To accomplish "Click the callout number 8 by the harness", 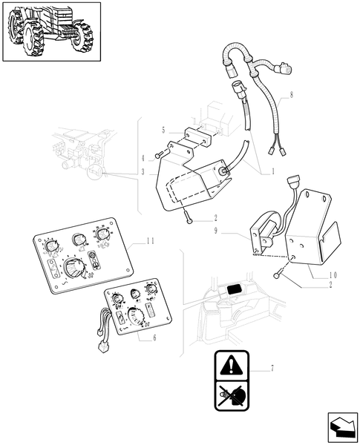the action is (291, 95).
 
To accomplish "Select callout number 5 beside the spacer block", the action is (163, 131).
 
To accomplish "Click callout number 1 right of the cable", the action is (273, 171).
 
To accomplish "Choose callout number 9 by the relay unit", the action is (216, 231).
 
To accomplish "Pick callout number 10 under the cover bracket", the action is (333, 274).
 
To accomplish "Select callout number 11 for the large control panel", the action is (151, 241).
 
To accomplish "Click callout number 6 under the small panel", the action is (154, 337).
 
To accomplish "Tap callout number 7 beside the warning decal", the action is (272, 369).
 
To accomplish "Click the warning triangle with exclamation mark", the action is (232, 365).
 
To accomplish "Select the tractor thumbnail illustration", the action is (51, 32).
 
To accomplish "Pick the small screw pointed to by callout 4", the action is (160, 154).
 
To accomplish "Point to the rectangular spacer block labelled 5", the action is (197, 137).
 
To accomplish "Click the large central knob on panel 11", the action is (73, 268).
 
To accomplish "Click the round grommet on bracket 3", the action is (223, 171).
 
